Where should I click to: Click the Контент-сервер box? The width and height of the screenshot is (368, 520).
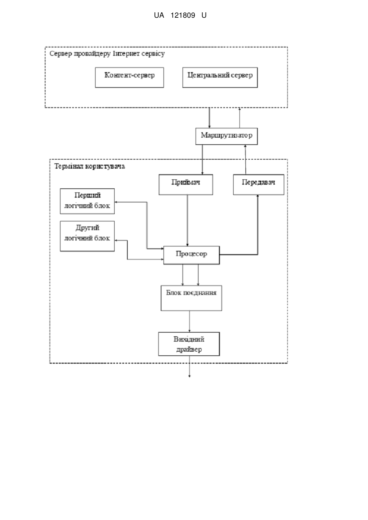129,77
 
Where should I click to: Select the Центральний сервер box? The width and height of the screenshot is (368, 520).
220,77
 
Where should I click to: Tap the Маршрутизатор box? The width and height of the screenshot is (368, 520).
227,136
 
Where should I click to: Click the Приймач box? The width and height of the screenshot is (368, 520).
186,185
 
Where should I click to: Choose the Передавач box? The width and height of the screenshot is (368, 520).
259,185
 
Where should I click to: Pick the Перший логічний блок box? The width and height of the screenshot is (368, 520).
87,201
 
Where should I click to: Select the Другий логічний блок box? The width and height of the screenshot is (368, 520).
87,236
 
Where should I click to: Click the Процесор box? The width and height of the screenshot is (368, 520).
192,255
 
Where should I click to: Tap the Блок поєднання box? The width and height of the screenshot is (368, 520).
192,298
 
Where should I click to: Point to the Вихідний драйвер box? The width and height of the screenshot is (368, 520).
189,344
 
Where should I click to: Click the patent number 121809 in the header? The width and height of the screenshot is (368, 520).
183,15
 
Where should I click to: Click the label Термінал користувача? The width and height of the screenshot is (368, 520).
90,166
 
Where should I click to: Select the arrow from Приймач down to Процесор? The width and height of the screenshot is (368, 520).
188,220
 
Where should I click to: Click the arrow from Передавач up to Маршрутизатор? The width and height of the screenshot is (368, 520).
245,160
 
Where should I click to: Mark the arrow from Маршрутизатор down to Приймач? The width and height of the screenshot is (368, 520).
202,160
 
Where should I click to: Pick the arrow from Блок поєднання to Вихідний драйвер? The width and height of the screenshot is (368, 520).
190,322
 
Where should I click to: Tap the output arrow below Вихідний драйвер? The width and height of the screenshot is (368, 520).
190,367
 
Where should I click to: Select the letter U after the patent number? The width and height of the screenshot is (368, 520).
204,15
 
